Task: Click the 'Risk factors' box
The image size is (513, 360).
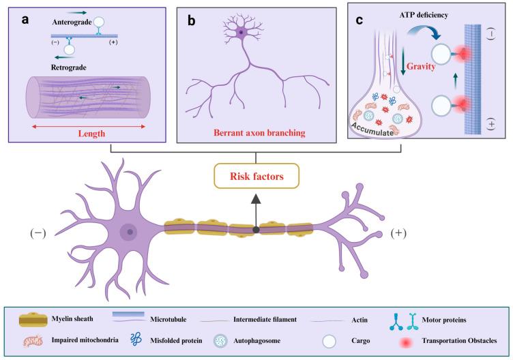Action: click(x=256, y=177)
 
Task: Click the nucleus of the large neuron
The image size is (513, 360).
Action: click(x=129, y=233)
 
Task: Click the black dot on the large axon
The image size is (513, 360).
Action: click(x=256, y=230)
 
